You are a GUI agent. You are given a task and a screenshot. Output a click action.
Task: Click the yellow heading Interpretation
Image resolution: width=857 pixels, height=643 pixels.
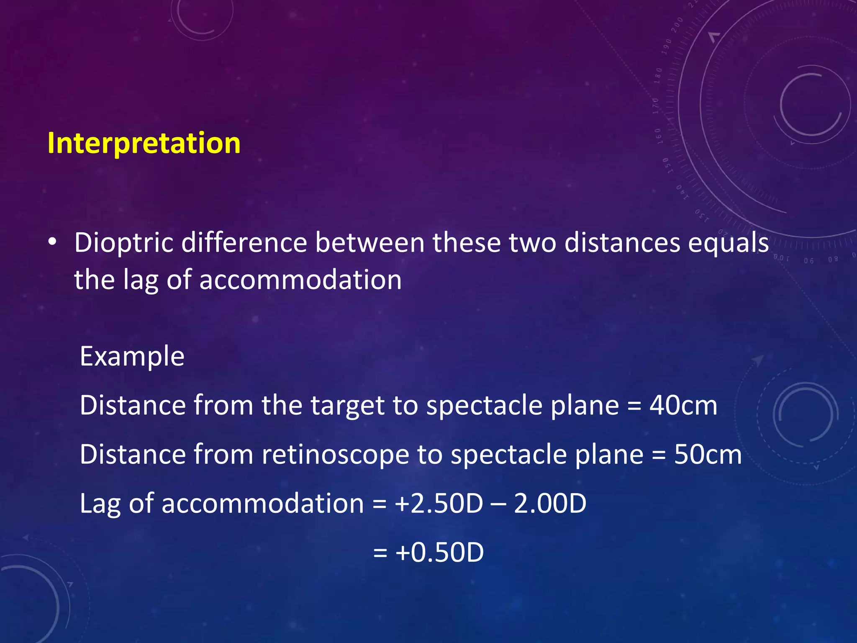[144, 144]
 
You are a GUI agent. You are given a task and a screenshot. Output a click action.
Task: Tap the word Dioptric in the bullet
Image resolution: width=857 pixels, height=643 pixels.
[124, 243]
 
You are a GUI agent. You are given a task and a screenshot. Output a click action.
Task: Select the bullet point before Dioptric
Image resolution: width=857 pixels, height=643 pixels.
[52, 242]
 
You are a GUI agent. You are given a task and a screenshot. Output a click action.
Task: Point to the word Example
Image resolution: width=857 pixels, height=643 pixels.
[132, 357]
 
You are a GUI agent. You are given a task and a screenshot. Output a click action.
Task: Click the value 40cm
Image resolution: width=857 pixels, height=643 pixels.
[683, 406]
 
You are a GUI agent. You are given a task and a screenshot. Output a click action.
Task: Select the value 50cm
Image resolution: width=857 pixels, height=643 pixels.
[708, 455]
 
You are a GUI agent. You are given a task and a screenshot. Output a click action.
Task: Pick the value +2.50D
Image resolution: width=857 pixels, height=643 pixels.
[439, 504]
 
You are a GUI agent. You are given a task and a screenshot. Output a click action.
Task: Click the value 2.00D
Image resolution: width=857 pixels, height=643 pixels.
[550, 504]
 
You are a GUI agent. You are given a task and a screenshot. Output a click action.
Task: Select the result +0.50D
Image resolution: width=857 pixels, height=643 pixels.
[439, 553]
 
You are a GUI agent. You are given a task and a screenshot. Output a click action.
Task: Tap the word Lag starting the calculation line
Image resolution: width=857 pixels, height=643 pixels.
[100, 504]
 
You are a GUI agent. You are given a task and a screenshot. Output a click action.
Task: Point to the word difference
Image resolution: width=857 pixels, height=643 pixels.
[244, 243]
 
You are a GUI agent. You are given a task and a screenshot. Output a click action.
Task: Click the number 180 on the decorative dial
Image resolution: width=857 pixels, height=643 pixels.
[658, 75]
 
